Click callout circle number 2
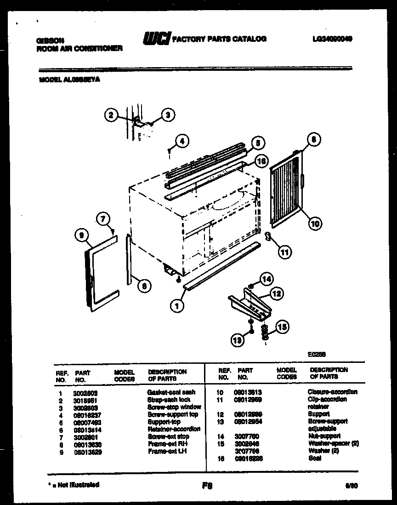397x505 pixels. point(111,115)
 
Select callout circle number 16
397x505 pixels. point(261,161)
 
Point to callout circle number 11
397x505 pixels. point(285,252)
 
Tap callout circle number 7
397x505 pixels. point(104,218)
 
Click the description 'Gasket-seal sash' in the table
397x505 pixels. point(171,392)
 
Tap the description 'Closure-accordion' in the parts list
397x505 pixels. point(332,392)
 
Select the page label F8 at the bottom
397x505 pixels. point(206,485)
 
